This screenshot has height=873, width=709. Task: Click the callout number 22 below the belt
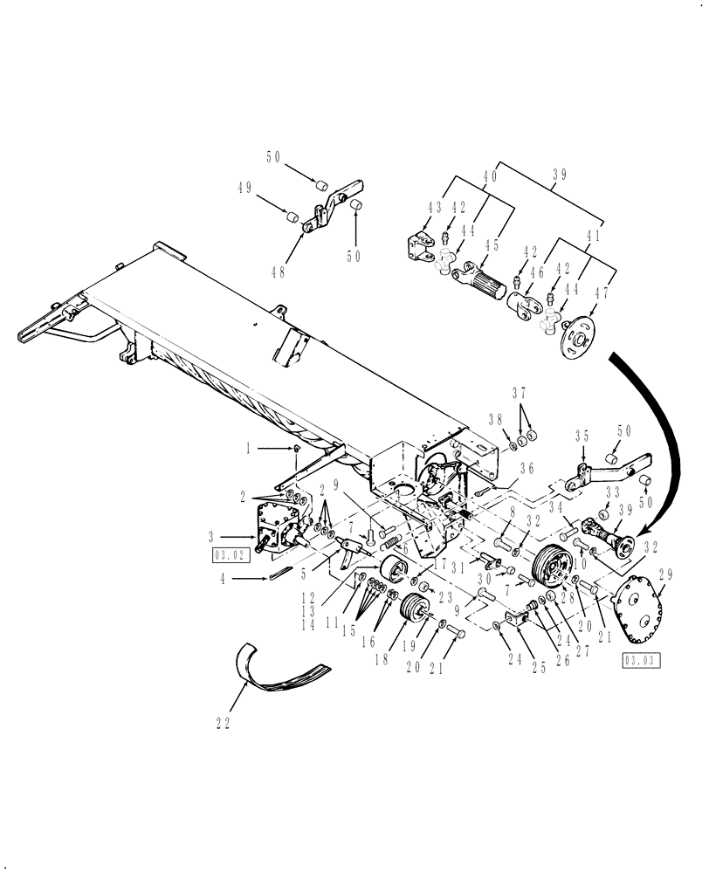tap(224, 722)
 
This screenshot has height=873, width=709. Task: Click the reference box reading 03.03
tap(637, 660)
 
